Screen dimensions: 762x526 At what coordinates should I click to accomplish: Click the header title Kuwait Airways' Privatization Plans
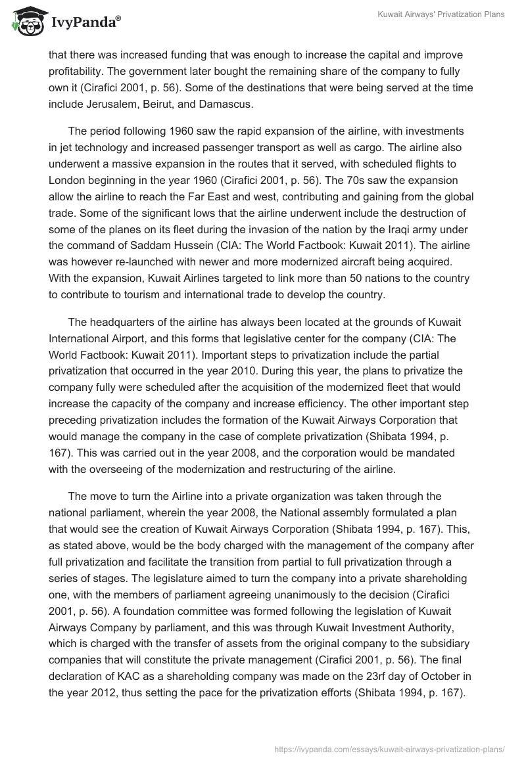[x=441, y=15]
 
